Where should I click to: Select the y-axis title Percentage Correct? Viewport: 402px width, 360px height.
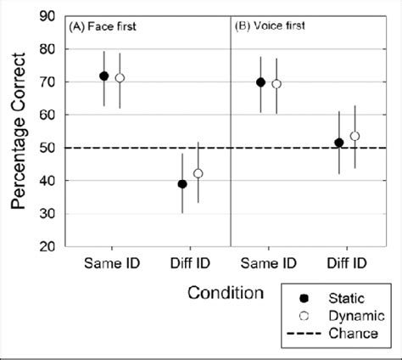(x=17, y=132)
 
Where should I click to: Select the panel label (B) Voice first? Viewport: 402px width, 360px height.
(x=271, y=26)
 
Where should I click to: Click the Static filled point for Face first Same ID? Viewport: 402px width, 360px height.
(x=104, y=76)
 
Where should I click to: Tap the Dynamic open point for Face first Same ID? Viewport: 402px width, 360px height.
(x=120, y=77)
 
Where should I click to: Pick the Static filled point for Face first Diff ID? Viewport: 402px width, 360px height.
(x=182, y=183)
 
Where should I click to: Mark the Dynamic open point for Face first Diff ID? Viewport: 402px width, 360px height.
(x=198, y=173)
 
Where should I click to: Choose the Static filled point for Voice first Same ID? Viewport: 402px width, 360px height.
(x=260, y=82)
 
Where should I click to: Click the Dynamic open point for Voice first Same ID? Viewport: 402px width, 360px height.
(x=276, y=84)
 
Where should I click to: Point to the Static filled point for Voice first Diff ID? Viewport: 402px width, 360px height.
(x=339, y=143)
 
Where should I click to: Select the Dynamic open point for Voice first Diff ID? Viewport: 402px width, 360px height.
(x=355, y=136)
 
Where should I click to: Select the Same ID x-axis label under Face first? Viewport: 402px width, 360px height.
(x=112, y=262)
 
